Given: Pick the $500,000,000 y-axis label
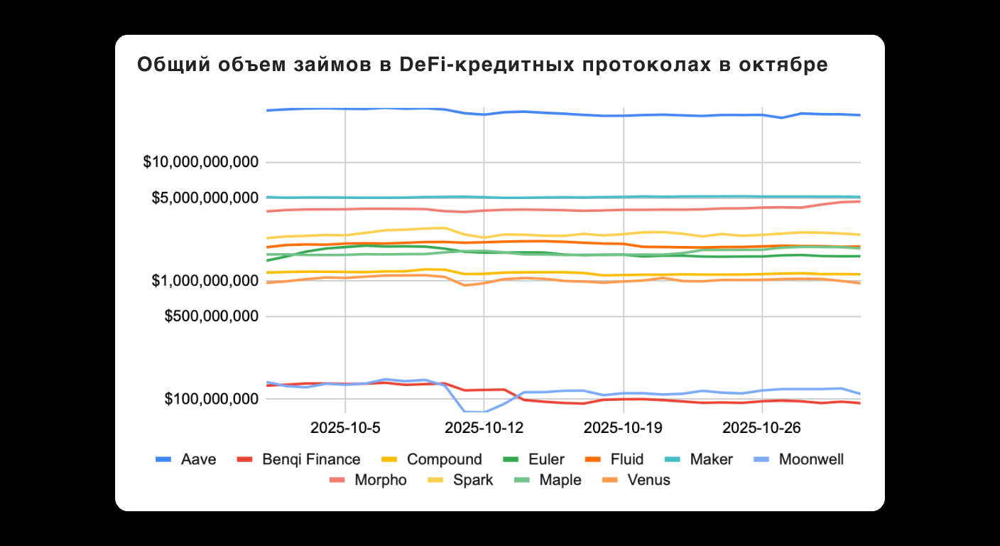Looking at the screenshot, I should click(211, 316).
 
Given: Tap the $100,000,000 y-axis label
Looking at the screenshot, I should click(211, 399).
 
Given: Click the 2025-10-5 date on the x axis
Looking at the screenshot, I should click(345, 428).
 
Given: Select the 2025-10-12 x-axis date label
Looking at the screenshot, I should click(484, 428).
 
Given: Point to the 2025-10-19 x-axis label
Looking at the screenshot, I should click(623, 428).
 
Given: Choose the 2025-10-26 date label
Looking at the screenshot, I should click(762, 428).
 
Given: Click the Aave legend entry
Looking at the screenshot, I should click(198, 459).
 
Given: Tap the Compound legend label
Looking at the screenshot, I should click(444, 459).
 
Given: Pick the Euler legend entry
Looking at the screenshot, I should click(546, 459).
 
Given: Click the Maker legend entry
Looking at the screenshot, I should click(711, 459).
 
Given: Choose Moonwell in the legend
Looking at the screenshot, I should click(811, 459).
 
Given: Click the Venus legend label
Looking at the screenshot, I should click(648, 480).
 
